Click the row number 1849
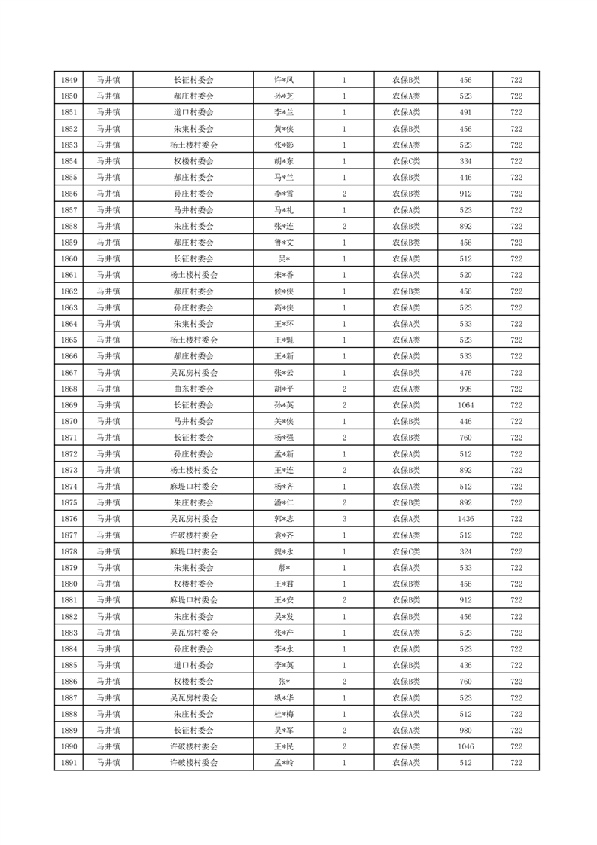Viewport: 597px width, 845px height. pos(69,80)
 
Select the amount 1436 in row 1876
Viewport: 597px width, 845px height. pos(465,519)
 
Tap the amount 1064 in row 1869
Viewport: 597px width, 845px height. pos(465,405)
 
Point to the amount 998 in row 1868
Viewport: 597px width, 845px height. pos(465,389)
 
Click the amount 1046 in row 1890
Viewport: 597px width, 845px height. pos(465,746)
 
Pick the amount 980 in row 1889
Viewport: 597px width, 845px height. pos(465,730)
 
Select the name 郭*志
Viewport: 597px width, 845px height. pos(283,519)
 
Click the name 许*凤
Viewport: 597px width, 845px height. pos(283,80)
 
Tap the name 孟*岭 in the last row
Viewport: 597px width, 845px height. pos(283,763)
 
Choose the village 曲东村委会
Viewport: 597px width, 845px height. pos(193,389)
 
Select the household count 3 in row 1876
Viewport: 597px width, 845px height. pos(344,519)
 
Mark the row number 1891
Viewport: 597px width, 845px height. pos(69,763)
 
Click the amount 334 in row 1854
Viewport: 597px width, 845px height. pos(465,161)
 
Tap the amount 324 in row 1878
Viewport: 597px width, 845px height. pos(465,551)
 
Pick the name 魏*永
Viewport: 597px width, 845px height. pos(283,551)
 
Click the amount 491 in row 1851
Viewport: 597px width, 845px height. pos(465,112)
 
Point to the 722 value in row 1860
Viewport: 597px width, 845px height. pos(516,258)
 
